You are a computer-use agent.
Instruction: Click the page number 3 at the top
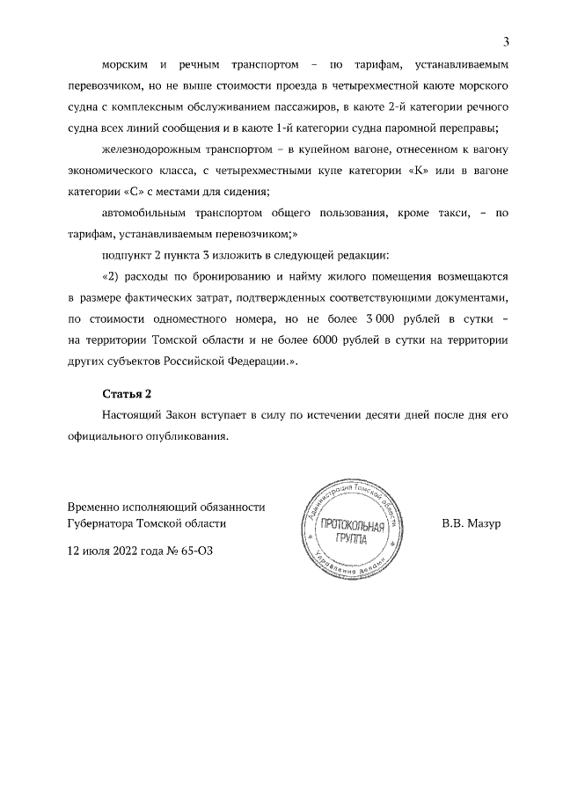pyautogui.click(x=507, y=40)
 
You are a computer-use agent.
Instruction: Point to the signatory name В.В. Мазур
pyautogui.click(x=471, y=523)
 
